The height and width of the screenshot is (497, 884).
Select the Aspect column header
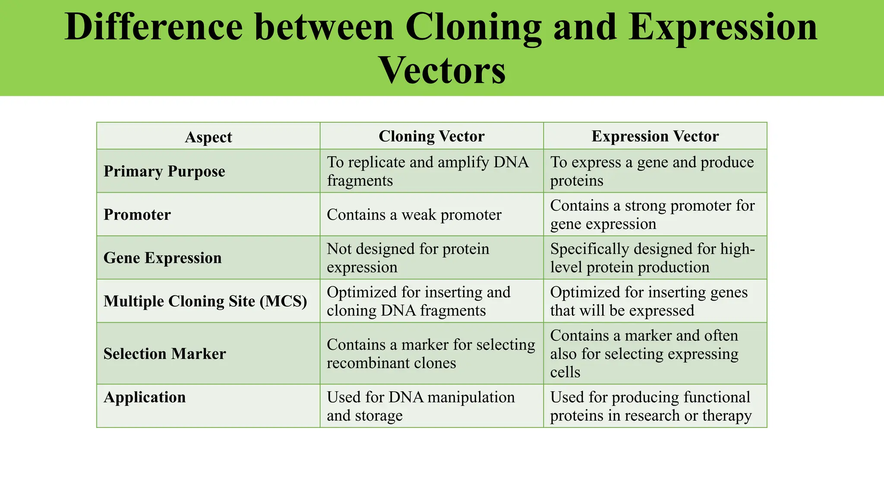[x=208, y=137]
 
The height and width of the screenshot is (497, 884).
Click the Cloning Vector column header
[x=431, y=136]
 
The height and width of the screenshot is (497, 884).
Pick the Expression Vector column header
[x=655, y=136]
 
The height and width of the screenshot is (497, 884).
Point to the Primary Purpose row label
[x=164, y=171]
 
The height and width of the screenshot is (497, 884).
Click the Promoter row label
[x=137, y=214]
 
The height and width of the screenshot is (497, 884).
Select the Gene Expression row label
[x=163, y=258]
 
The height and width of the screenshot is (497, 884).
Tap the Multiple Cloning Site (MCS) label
[x=205, y=301]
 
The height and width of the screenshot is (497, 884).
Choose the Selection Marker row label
[x=164, y=354]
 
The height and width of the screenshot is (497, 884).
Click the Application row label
[x=145, y=397]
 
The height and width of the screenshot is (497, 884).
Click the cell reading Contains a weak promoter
[x=414, y=214]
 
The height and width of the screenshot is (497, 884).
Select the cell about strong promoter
[x=652, y=214]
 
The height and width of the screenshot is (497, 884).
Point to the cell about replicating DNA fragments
[x=427, y=171]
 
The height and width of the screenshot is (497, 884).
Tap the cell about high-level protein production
[x=652, y=258]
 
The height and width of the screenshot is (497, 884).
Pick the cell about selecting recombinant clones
[x=430, y=354]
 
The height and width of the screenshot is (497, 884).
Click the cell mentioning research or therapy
[x=650, y=406]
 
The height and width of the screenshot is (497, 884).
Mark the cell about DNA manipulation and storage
[x=420, y=406]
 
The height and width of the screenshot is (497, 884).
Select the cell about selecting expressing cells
[x=644, y=354]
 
